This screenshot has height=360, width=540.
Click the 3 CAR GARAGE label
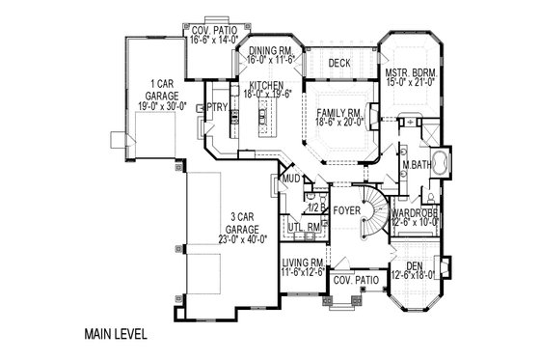point(224,221)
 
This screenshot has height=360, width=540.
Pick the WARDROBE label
point(416,212)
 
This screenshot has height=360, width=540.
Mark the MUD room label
point(289,180)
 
